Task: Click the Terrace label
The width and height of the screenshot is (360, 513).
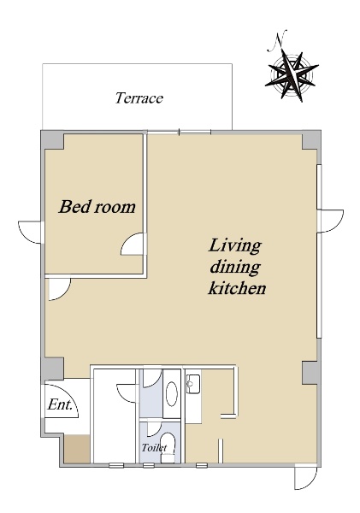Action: [139, 98]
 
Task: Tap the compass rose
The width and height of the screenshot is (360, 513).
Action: [292, 75]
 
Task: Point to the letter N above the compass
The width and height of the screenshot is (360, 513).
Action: [277, 41]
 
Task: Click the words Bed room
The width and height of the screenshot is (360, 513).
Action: [97, 207]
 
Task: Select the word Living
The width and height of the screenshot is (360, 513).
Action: [235, 246]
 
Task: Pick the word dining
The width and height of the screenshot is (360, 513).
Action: [235, 268]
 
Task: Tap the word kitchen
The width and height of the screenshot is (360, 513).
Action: [237, 288]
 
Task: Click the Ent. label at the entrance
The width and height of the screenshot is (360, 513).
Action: [60, 405]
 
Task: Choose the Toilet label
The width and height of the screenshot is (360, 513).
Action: [154, 447]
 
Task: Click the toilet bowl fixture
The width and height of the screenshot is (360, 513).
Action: [168, 447]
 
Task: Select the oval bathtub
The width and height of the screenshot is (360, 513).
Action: [172, 394]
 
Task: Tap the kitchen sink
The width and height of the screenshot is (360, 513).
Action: [193, 384]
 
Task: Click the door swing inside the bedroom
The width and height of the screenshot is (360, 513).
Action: [132, 245]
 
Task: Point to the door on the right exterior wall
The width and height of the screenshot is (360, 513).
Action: [331, 221]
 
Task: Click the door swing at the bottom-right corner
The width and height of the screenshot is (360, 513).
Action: [306, 478]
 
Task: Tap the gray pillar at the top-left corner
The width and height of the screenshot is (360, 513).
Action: [52, 140]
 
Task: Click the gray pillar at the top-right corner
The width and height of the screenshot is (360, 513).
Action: [310, 141]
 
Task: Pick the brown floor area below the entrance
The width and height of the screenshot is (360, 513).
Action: [77, 449]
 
